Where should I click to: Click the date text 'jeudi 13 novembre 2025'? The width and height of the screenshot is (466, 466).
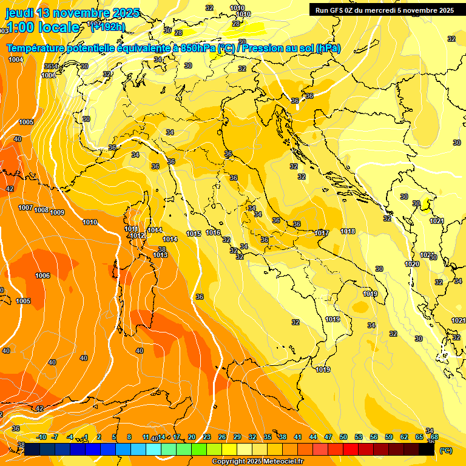tap(72, 13)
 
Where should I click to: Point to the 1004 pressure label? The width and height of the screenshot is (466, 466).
tap(16, 59)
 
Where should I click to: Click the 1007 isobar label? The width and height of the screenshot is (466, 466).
tap(25, 208)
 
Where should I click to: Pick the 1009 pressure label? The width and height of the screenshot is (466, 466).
tap(57, 212)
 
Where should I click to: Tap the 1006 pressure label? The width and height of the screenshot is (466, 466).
tap(42, 275)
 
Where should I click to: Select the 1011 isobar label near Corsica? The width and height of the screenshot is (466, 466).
tap(132, 229)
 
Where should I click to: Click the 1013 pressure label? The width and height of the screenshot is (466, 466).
tap(160, 255)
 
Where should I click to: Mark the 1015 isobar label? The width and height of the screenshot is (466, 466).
tap(194, 234)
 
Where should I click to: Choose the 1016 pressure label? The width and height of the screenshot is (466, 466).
tap(213, 232)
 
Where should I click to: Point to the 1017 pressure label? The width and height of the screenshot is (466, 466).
tap(322, 233)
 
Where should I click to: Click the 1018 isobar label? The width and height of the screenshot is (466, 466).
tap(348, 231)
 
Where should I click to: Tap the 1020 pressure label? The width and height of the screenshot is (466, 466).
tap(412, 264)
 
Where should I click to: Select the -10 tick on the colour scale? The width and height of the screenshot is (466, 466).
tap(42, 437)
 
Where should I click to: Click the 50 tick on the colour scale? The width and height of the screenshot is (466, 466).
tap(343, 437)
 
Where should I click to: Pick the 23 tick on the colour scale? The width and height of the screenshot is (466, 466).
tap(207, 437)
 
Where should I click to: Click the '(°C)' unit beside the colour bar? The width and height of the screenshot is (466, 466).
tap(445, 450)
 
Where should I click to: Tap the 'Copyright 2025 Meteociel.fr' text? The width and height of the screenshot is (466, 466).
tap(258, 462)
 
